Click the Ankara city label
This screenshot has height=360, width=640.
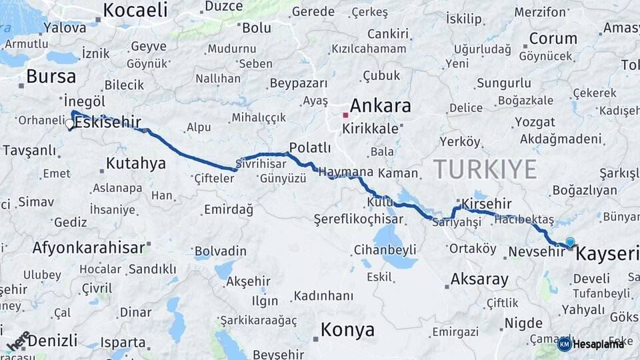click(x=380, y=105)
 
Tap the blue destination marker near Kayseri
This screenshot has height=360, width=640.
click(x=570, y=243)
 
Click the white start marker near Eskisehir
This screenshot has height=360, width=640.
click(x=69, y=123)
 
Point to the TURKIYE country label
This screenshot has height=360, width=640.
click(x=485, y=169)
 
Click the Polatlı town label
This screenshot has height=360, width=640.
click(x=310, y=147)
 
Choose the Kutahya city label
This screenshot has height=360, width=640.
click(x=136, y=163)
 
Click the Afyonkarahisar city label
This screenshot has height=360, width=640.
click(x=88, y=247)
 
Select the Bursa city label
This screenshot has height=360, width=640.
click(x=51, y=75)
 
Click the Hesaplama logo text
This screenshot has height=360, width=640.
click(x=599, y=344)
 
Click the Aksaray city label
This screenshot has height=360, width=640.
click(x=479, y=279)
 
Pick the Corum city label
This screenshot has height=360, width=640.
click(x=553, y=38)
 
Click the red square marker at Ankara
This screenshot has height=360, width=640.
click(x=345, y=115)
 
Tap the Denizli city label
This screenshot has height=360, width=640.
click(x=53, y=340)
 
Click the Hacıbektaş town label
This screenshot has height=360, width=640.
click(x=524, y=219)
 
